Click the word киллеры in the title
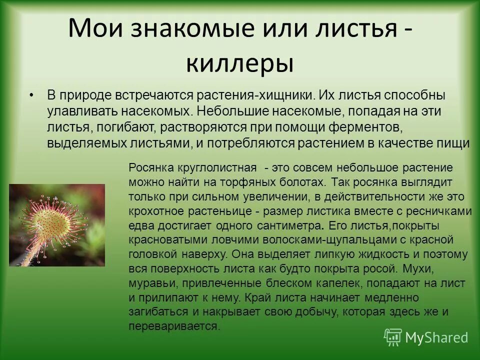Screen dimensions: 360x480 pyautogui.click(x=239, y=64)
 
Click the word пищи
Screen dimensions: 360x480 pyautogui.click(x=454, y=143)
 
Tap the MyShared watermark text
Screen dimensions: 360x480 pyautogui.click(x=436, y=337)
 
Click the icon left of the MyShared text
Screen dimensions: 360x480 pyautogui.click(x=392, y=337)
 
